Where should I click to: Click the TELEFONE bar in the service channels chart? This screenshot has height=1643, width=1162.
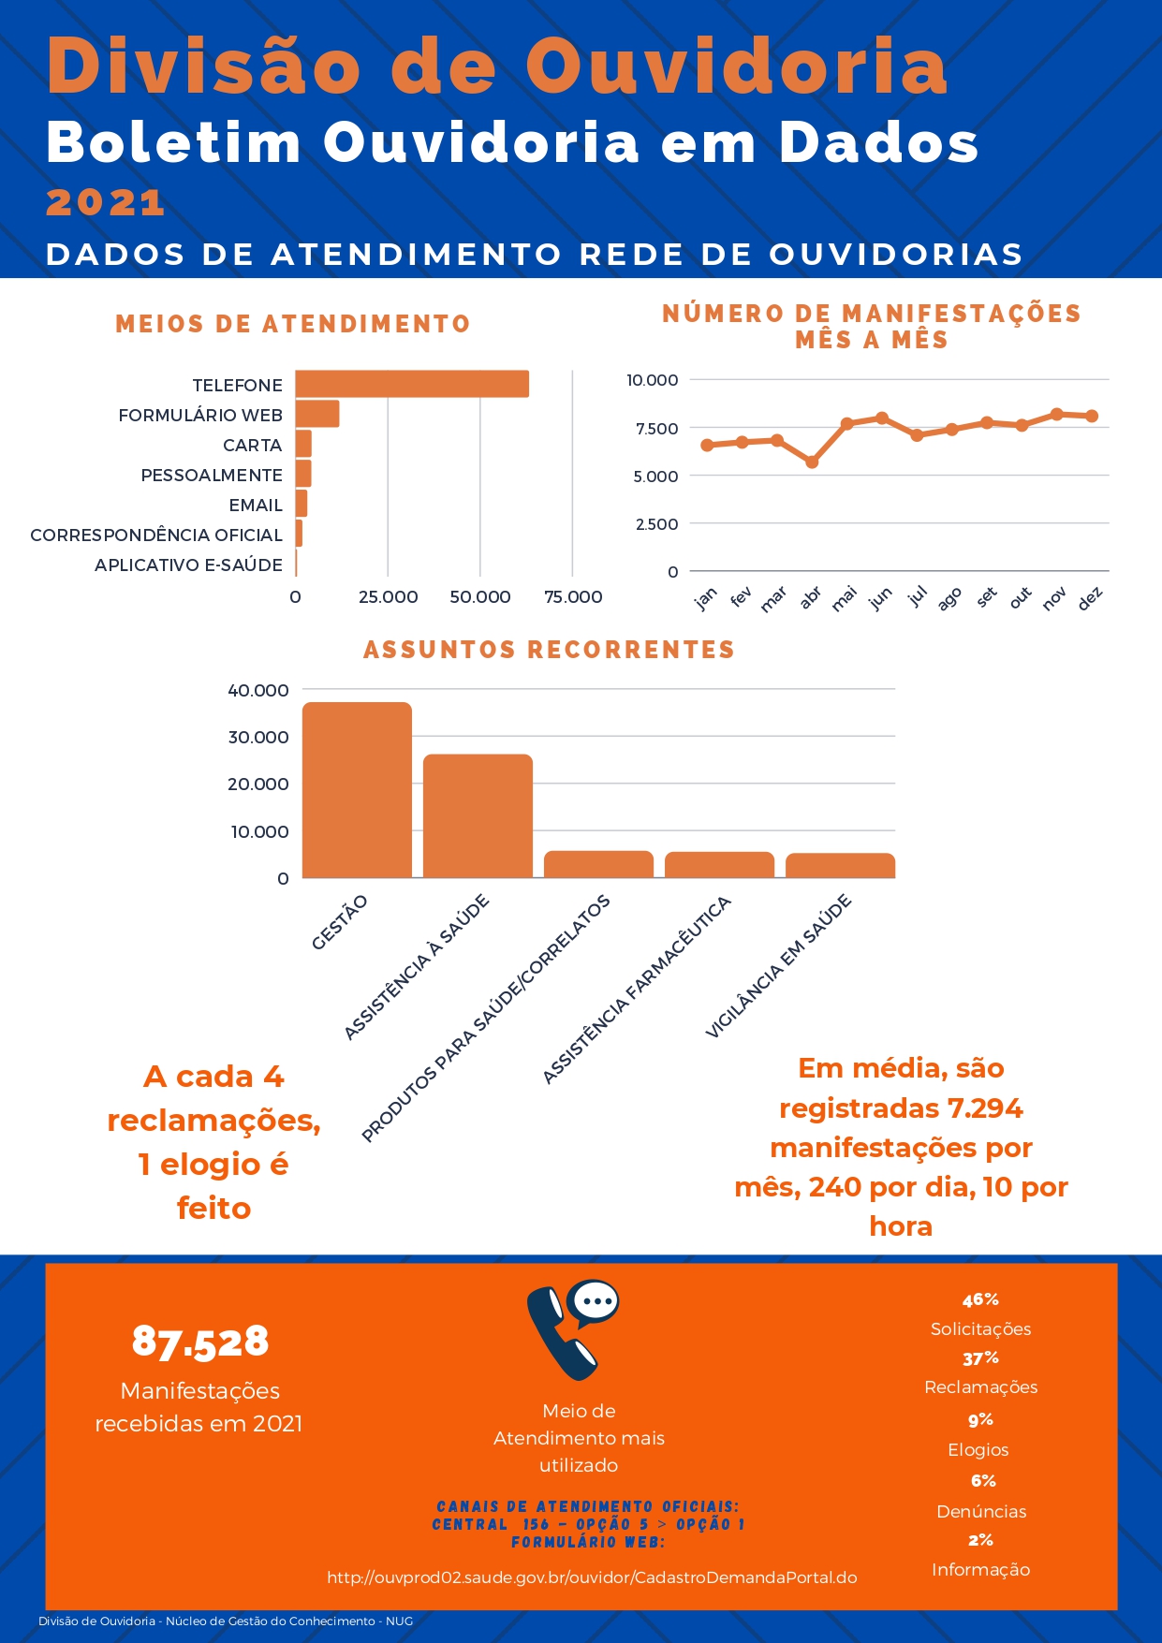tap(412, 384)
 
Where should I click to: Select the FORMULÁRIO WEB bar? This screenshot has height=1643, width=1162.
tap(317, 414)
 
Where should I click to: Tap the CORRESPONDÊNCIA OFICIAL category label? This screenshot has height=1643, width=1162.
tap(156, 535)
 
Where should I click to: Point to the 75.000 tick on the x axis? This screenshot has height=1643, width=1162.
tap(573, 597)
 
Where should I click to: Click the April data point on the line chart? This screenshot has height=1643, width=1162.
tap(812, 462)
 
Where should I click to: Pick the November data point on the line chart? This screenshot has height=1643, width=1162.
tap(1057, 414)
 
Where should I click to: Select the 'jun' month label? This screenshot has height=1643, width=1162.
tap(880, 598)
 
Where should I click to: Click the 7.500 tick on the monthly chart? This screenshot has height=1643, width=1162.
tap(656, 429)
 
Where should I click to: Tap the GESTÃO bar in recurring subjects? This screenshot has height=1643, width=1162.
tap(357, 790)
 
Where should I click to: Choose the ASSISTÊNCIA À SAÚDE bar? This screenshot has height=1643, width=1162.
tap(478, 816)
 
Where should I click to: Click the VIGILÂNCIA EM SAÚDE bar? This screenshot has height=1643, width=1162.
tap(840, 866)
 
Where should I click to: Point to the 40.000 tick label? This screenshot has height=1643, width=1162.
tap(258, 691)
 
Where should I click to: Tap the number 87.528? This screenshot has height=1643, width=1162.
tap(200, 1342)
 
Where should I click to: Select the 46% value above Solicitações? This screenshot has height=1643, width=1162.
tap(980, 1299)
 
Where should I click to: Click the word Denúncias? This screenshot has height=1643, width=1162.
tap(981, 1511)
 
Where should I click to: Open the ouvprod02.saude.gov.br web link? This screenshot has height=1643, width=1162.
tap(592, 1577)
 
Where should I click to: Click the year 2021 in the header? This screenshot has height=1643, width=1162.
tap(106, 202)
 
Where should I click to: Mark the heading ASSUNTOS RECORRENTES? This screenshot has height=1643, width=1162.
tap(549, 650)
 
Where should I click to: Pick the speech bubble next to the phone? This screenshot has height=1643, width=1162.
tap(596, 1300)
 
